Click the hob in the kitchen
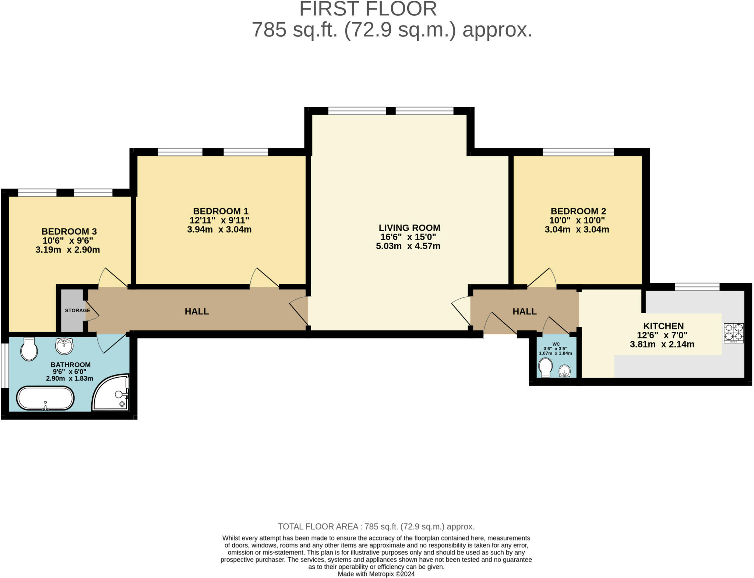click(734, 333)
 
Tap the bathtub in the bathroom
click(45, 398)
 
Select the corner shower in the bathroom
click(110, 392)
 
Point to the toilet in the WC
click(545, 367)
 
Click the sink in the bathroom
click(64, 346)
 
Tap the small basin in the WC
click(564, 371)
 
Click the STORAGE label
click(77, 310)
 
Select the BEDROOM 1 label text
click(221, 211)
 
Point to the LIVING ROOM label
click(409, 228)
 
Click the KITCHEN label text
click(663, 326)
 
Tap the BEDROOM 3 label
click(69, 231)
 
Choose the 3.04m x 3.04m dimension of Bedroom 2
click(577, 229)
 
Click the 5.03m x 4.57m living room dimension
click(408, 246)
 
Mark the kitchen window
click(697, 286)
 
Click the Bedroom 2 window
click(578, 152)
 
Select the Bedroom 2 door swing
click(542, 278)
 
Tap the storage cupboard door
click(92, 311)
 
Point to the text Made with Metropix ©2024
click(376, 574)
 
